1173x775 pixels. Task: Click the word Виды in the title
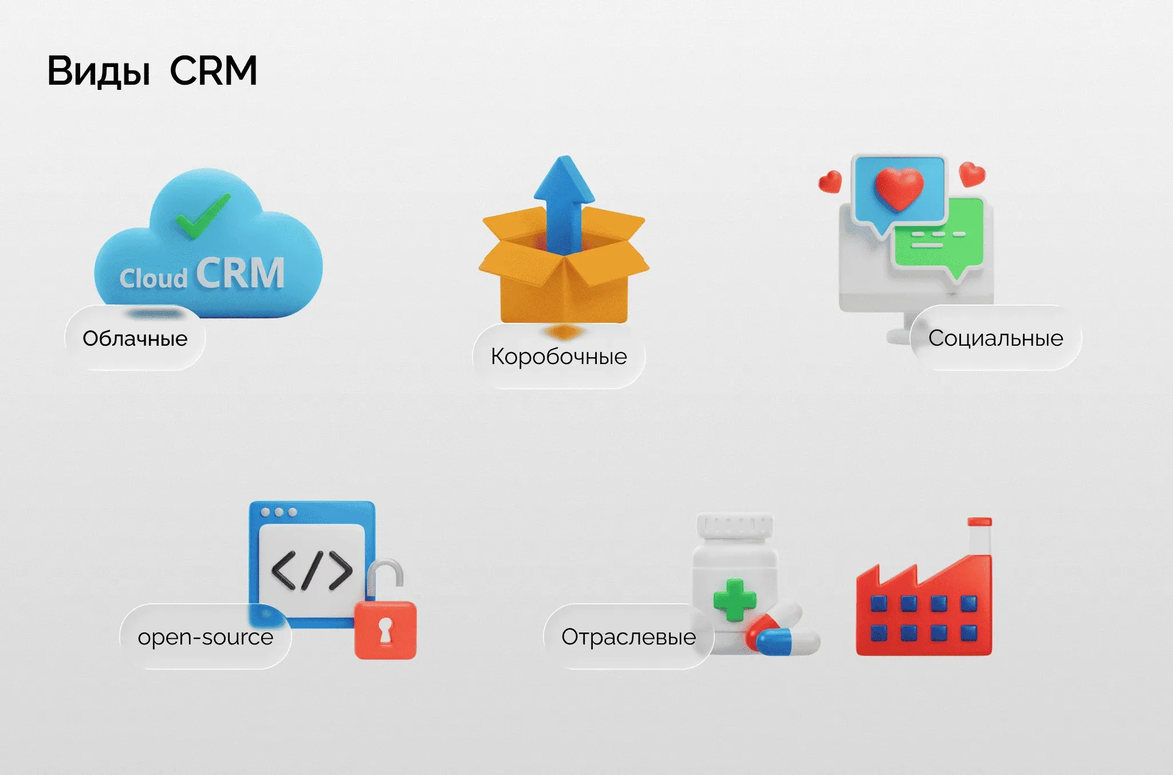click(x=99, y=71)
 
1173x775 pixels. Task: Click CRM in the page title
click(x=213, y=71)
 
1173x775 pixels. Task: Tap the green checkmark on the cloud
click(x=202, y=216)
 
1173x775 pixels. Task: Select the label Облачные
click(x=135, y=338)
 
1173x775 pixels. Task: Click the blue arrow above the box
click(x=564, y=200)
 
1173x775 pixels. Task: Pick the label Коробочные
click(x=559, y=357)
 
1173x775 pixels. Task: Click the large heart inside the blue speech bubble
click(x=899, y=188)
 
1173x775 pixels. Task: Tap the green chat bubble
click(x=939, y=238)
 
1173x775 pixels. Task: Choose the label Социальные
click(x=995, y=338)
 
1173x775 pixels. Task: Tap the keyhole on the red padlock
click(x=385, y=630)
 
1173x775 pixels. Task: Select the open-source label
click(x=206, y=637)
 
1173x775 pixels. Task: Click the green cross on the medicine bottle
click(x=734, y=599)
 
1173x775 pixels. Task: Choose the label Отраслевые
click(x=628, y=637)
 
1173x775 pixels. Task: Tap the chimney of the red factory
click(x=979, y=538)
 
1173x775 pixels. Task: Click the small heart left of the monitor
click(x=830, y=182)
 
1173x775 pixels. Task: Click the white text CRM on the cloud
click(x=241, y=274)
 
